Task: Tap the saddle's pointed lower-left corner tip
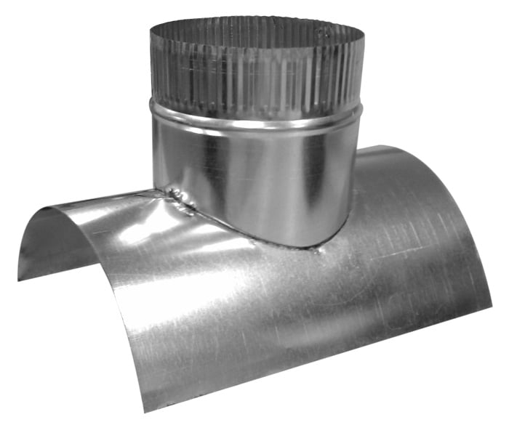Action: click(20, 278)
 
